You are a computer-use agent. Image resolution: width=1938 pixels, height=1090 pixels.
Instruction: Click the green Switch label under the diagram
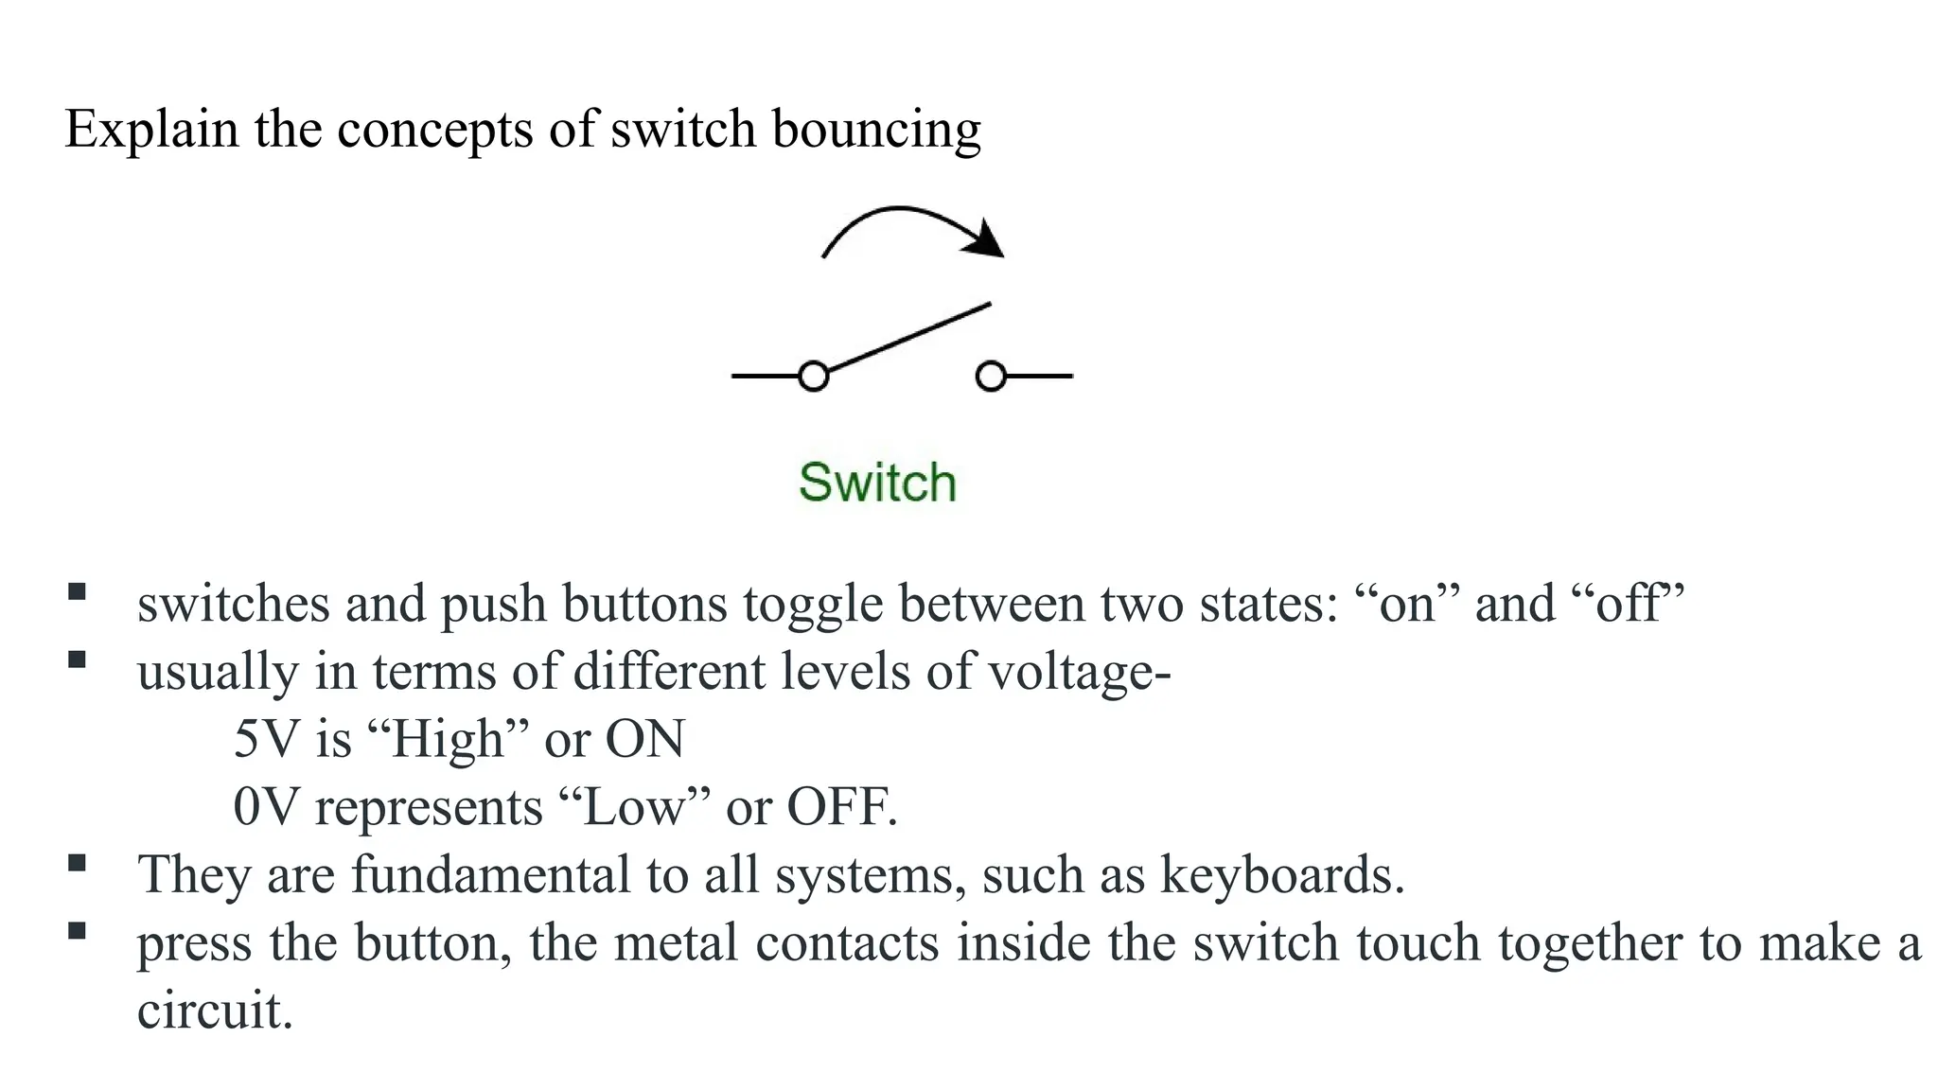[x=877, y=483]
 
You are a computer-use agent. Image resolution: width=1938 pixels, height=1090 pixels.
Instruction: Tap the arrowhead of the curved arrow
[x=986, y=239]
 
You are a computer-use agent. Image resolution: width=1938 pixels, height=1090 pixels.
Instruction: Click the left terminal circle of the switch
[x=813, y=377]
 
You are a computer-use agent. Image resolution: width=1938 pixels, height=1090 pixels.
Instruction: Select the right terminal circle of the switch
[x=990, y=377]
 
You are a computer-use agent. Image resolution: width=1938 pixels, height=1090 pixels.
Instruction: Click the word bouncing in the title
[x=875, y=130]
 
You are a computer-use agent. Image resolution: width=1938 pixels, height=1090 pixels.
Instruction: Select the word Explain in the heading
[x=150, y=130]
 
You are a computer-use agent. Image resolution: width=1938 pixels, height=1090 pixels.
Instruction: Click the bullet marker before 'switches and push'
[x=77, y=593]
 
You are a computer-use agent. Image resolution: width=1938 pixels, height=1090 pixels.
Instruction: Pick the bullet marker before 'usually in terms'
[x=77, y=659]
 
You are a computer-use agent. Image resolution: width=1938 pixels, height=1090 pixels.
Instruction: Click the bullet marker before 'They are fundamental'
[x=77, y=863]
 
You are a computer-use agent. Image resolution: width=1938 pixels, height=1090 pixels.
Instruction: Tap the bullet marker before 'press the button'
[x=77, y=930]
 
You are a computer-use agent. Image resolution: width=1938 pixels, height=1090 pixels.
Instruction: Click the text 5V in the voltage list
[x=266, y=739]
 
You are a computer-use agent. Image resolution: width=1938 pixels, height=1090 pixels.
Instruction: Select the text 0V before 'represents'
[x=266, y=807]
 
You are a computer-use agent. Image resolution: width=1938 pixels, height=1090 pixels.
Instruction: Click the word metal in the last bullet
[x=676, y=943]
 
